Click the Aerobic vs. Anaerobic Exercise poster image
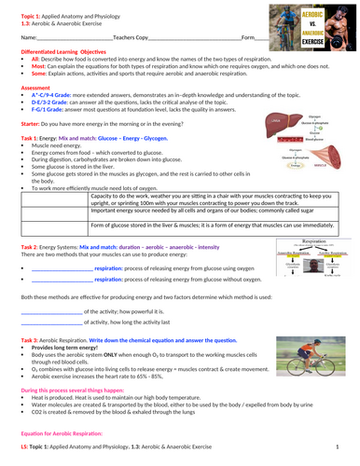(314, 26)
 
